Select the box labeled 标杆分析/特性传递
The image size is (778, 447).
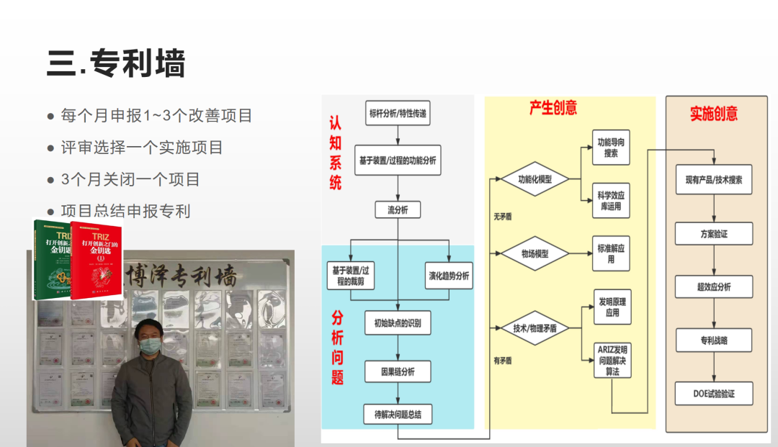398,113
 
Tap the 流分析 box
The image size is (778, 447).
398,210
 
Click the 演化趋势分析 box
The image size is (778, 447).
449,276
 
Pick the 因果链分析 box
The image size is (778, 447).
398,372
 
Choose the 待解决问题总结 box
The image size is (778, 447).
398,414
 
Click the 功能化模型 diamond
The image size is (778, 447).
535,179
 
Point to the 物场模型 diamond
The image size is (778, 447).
535,253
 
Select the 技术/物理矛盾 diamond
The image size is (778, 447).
535,328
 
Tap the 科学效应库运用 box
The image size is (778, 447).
611,202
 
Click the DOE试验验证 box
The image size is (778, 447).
713,394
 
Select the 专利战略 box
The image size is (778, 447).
713,340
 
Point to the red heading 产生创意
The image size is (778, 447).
553,108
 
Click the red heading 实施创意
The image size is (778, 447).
713,114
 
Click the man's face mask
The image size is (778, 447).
149,346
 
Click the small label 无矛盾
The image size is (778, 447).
502,216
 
